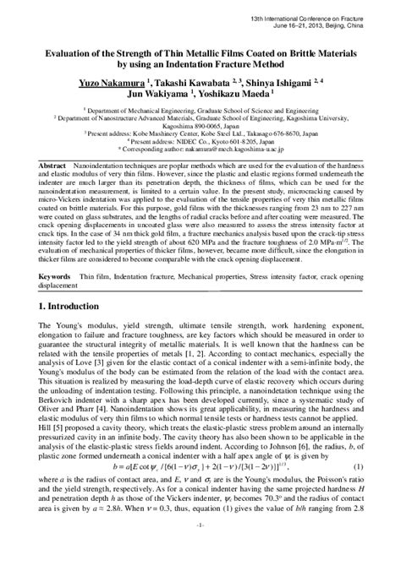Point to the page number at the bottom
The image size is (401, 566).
point(200,551)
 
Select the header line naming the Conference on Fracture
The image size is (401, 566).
point(331,17)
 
